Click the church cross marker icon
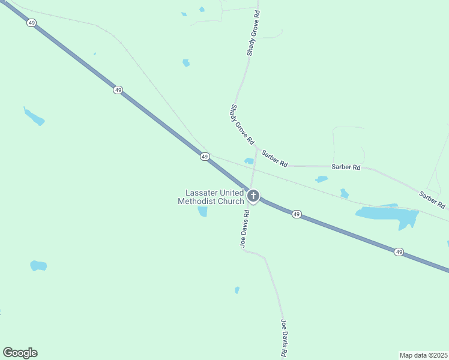(x=253, y=196)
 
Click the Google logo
(x=20, y=353)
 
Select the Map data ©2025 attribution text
(x=423, y=355)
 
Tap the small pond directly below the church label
(x=203, y=211)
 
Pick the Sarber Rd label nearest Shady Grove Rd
(x=274, y=158)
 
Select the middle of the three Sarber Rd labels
(x=346, y=167)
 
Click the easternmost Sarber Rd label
(x=432, y=200)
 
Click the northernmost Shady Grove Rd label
(x=254, y=33)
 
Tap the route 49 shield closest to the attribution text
(x=399, y=252)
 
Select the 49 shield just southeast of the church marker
(x=297, y=214)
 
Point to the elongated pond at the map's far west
(x=34, y=116)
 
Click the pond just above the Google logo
(x=38, y=265)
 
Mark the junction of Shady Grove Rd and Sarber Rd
(x=257, y=146)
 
